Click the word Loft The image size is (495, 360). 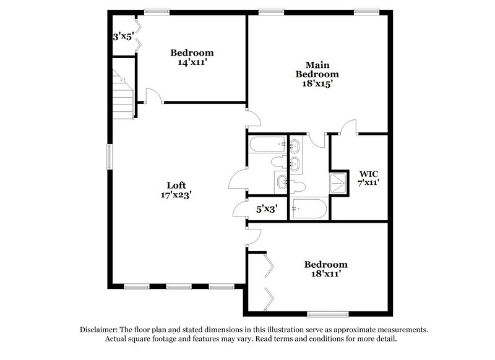coord(176,184)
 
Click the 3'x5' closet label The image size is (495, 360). coord(123,36)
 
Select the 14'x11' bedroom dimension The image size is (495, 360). coord(192,62)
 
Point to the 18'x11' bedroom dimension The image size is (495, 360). coord(325,273)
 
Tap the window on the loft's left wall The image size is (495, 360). coord(109,156)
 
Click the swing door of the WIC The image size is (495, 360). coord(348,126)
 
